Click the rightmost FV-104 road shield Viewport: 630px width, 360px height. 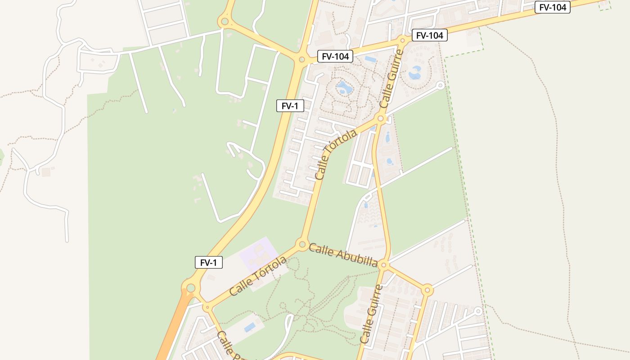552,7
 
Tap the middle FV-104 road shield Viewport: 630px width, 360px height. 429,36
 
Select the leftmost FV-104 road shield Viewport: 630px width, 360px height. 335,56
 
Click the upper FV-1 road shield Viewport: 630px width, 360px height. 290,106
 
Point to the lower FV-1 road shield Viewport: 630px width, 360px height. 208,263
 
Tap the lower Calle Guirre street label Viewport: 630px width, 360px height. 372,314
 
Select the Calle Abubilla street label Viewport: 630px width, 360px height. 343,255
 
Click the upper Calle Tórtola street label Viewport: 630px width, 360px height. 336,154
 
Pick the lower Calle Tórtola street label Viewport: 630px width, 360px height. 258,276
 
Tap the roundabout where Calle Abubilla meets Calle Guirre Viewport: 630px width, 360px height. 384,265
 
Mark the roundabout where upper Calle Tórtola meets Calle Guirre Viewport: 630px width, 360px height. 381,119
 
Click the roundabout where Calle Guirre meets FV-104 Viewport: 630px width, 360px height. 403,40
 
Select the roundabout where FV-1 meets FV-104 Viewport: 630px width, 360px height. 301,59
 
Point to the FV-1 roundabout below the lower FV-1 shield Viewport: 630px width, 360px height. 191,288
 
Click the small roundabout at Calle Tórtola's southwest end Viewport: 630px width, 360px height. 207,308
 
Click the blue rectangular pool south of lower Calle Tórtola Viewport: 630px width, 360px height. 250,327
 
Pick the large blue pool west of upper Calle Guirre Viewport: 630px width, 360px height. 344,87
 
